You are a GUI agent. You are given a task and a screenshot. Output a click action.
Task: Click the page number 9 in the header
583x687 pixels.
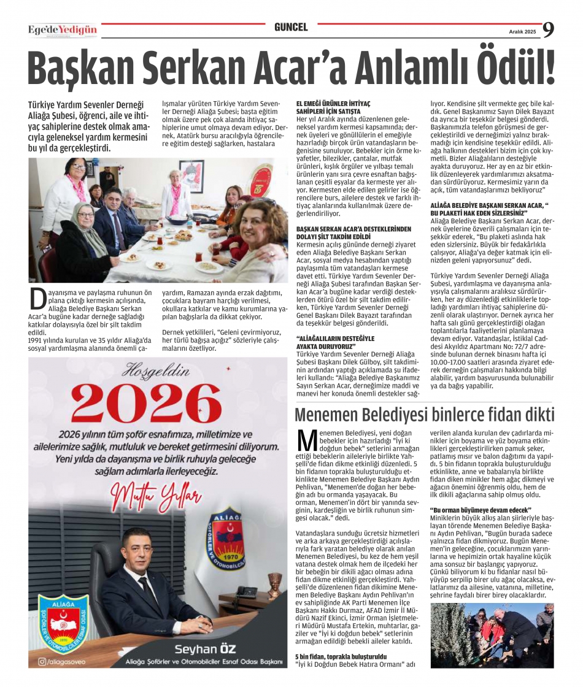548,29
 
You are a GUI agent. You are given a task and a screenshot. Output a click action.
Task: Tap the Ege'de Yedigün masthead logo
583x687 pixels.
63,29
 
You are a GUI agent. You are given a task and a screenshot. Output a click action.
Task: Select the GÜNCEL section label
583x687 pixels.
291,28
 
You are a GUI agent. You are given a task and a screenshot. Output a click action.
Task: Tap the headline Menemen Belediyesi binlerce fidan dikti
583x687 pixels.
424,415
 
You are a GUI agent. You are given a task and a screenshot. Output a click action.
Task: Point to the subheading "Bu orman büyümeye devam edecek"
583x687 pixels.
481,510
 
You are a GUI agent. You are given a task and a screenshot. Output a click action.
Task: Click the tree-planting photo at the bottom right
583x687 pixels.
492,635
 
